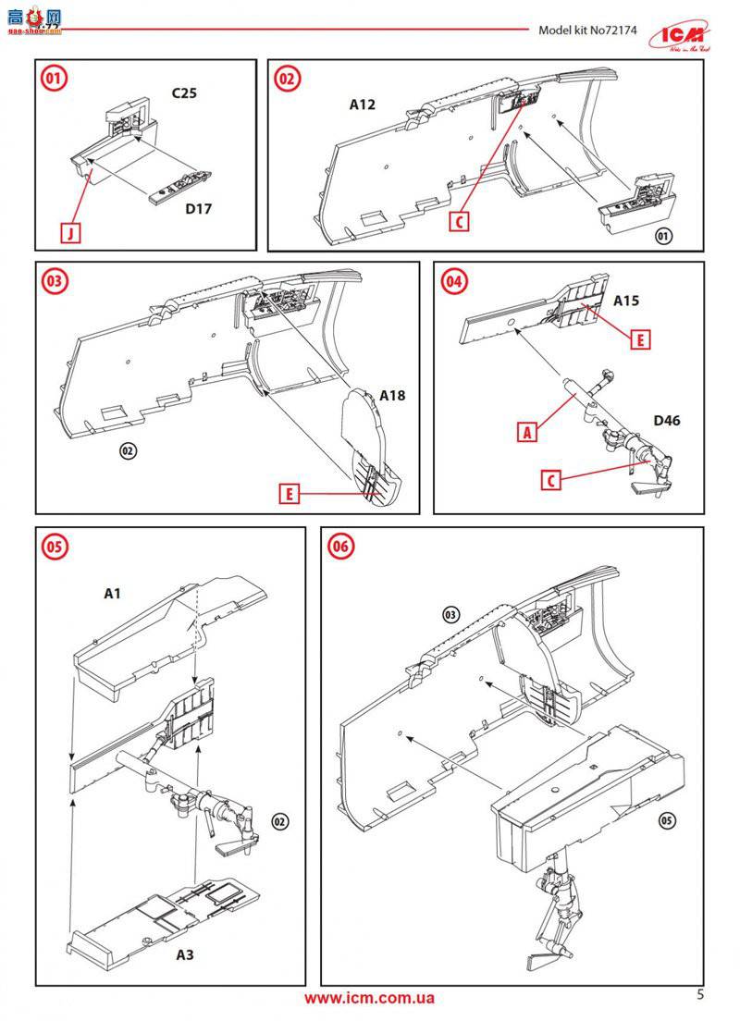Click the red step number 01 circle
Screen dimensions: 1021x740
(x=55, y=80)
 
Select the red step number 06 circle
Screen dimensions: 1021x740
(x=340, y=547)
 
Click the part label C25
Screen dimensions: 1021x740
(x=184, y=93)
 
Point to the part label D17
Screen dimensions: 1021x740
(x=198, y=209)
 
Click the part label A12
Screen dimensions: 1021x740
(x=362, y=105)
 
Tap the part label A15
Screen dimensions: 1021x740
(x=626, y=301)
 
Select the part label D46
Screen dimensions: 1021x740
(x=666, y=421)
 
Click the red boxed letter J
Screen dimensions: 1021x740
(x=68, y=232)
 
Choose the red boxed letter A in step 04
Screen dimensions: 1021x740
(x=526, y=431)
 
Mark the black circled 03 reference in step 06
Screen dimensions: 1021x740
(x=450, y=615)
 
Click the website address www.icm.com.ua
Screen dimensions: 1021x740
(x=369, y=998)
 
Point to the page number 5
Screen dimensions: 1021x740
(x=700, y=995)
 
